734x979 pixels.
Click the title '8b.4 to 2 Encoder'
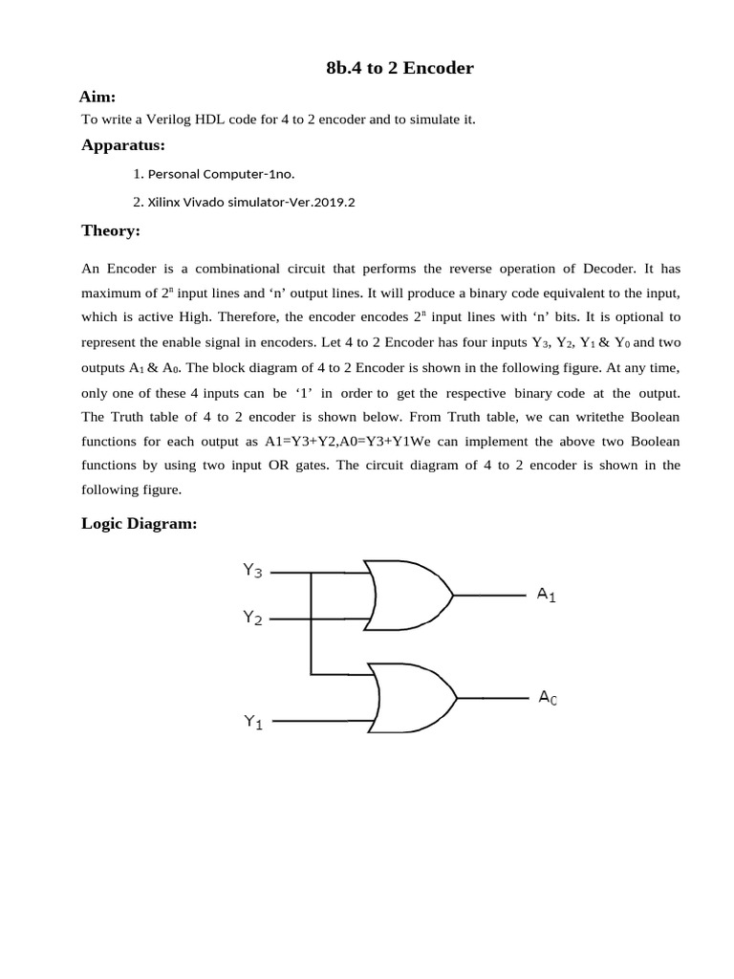(x=399, y=69)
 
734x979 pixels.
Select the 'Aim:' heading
(x=97, y=97)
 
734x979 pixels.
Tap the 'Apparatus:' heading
(x=123, y=145)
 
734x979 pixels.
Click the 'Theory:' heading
(x=111, y=230)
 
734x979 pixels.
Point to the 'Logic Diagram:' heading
(x=140, y=523)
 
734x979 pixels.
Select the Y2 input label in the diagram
(x=253, y=619)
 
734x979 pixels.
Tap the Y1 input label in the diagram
(x=253, y=723)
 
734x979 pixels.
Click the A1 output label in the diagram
(x=547, y=595)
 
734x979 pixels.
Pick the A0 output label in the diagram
(x=548, y=699)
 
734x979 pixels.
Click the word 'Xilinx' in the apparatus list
(x=167, y=203)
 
